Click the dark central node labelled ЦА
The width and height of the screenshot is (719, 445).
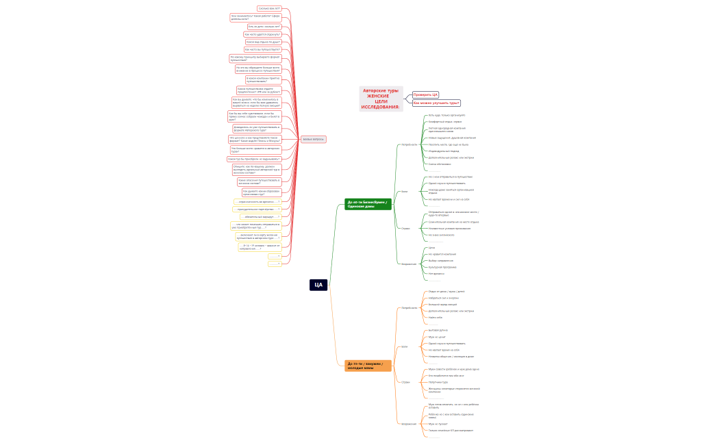pyautogui.click(x=318, y=285)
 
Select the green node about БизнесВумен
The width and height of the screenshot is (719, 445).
pyautogui.click(x=368, y=204)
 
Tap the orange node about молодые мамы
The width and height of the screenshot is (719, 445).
pyautogui.click(x=368, y=366)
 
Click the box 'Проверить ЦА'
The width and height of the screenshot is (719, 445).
pyautogui.click(x=425, y=95)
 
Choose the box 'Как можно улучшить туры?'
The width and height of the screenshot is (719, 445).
pyautogui.click(x=436, y=103)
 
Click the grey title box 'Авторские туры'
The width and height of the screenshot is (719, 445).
pyautogui.click(x=381, y=99)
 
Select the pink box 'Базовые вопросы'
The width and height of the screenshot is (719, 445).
pyautogui.click(x=314, y=140)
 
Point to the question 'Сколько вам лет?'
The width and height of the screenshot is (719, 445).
pyautogui.click(x=269, y=9)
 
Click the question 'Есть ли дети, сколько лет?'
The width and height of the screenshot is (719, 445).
pyautogui.click(x=264, y=27)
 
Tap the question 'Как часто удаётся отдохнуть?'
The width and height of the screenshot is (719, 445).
pyautogui.click(x=262, y=34)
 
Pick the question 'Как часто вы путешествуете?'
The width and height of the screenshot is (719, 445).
pyautogui.click(x=262, y=49)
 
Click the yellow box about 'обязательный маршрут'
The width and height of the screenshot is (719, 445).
pyautogui.click(x=260, y=216)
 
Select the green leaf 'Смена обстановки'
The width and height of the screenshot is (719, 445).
pyautogui.click(x=440, y=164)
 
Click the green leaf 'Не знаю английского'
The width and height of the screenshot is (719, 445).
pyautogui.click(x=441, y=235)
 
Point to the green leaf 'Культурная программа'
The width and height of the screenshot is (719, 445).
pyautogui.click(x=442, y=267)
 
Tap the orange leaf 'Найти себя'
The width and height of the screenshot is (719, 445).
pyautogui.click(x=436, y=318)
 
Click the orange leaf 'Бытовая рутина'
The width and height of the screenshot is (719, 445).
pyautogui.click(x=438, y=331)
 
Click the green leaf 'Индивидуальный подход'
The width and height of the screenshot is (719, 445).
pyautogui.click(x=443, y=151)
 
